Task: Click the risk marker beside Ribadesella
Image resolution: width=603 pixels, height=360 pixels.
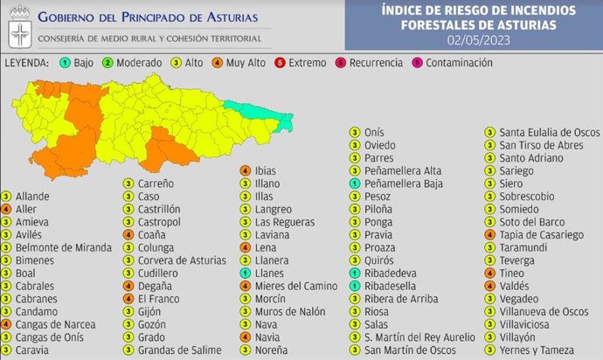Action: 353,286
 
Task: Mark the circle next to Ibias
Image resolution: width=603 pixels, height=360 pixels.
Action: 246,171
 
